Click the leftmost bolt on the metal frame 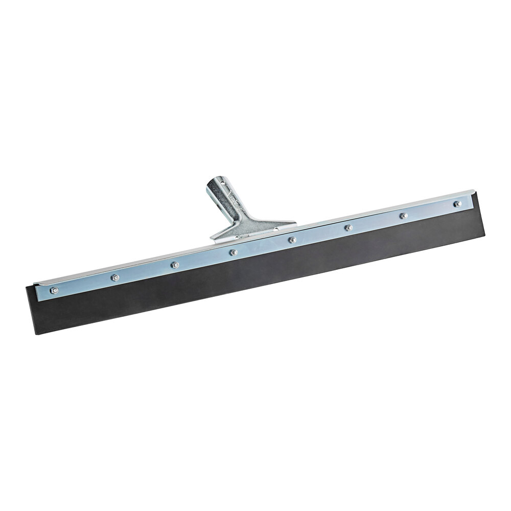54,290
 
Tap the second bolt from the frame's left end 115,277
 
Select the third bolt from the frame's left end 174,265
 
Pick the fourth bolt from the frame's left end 234,252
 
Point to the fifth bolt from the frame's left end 292,239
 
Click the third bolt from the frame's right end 349,227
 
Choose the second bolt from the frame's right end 403,216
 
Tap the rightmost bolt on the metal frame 457,204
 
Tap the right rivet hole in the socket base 276,228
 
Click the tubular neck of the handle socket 225,202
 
